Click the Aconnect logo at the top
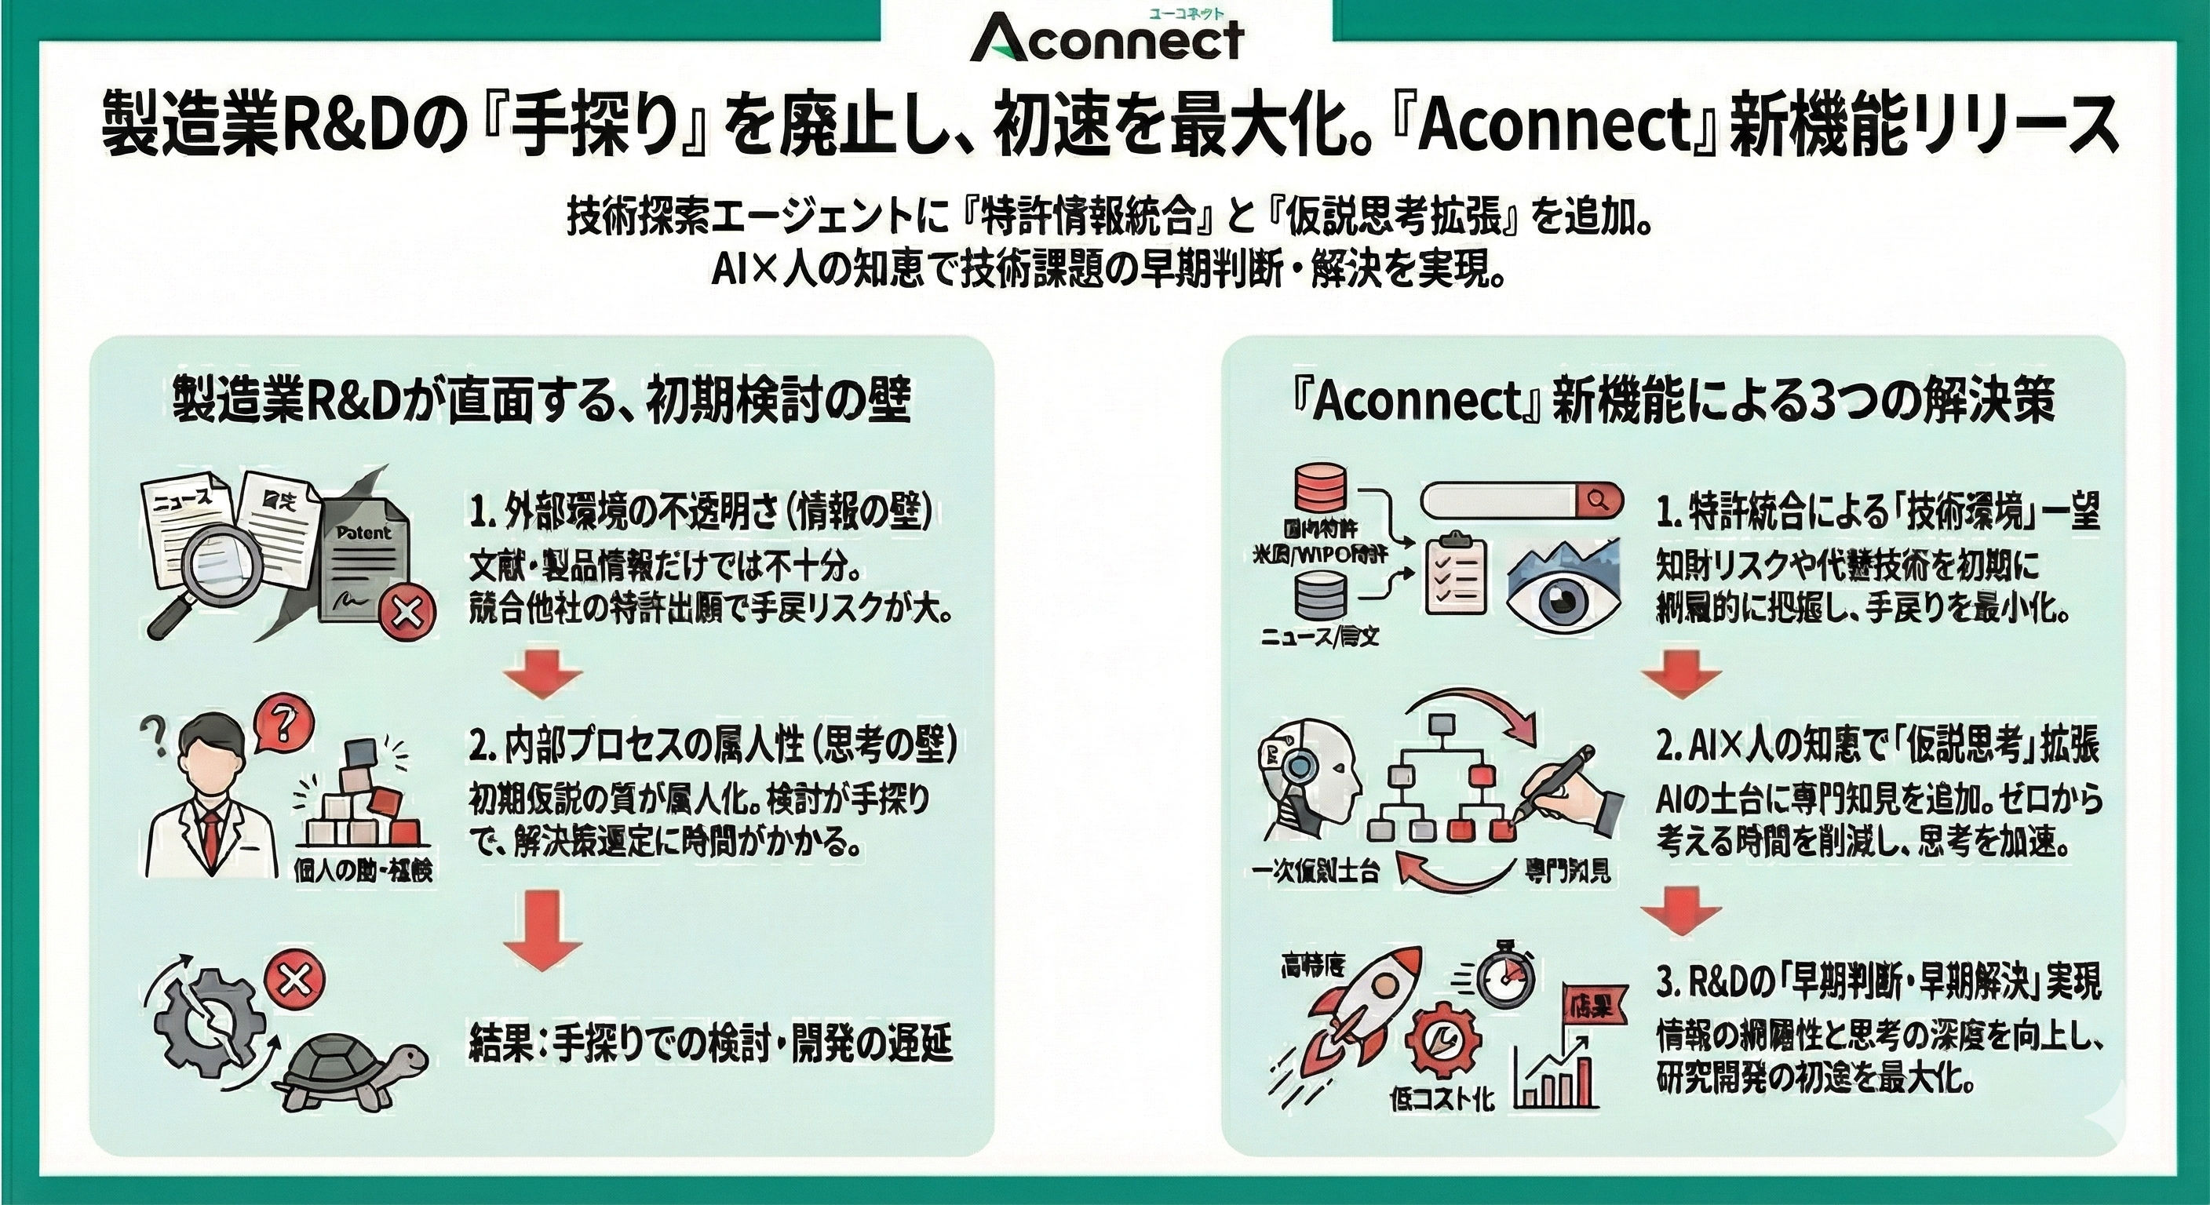click(1107, 38)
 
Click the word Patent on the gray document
click(363, 533)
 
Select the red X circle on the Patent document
click(407, 613)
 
